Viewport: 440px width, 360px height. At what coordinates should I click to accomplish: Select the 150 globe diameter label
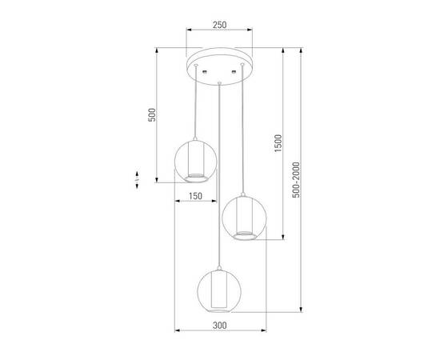click(x=195, y=194)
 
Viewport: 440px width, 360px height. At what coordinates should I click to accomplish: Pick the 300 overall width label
click(x=221, y=326)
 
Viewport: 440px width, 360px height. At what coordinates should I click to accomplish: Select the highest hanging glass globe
click(x=196, y=161)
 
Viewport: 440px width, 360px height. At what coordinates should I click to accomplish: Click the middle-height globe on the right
click(x=243, y=218)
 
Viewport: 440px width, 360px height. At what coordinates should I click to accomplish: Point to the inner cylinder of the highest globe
click(x=196, y=163)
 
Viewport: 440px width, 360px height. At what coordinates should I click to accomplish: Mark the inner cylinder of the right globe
click(x=243, y=222)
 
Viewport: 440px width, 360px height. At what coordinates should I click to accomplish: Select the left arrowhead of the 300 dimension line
click(x=176, y=332)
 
